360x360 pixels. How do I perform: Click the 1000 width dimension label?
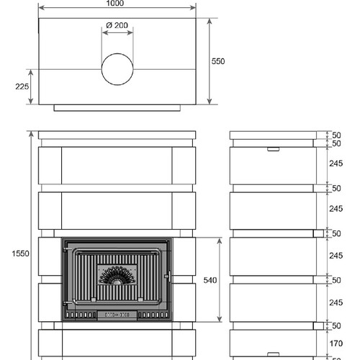115,3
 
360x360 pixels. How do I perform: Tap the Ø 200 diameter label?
117,25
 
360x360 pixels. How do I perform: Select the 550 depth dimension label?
218,61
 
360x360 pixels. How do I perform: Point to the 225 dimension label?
22,86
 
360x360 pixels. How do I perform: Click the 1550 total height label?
20,253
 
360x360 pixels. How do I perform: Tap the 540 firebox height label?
210,280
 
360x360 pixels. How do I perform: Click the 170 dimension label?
336,343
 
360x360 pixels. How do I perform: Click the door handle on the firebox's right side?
168,276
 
